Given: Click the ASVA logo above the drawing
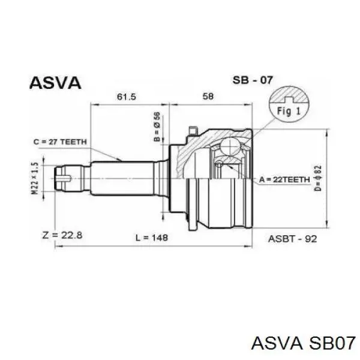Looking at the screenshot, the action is pyautogui.click(x=55, y=83).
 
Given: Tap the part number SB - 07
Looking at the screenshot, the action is pyautogui.click(x=253, y=80).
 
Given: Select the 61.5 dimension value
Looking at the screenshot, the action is pyautogui.click(x=127, y=97).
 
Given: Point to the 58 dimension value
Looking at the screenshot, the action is pyautogui.click(x=208, y=96).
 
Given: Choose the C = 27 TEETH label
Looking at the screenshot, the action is pyautogui.click(x=60, y=142).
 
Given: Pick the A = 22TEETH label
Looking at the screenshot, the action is pyautogui.click(x=284, y=179).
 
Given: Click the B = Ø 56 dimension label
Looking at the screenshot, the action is pyautogui.click(x=157, y=127).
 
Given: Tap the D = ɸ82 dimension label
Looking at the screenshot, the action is pyautogui.click(x=318, y=178).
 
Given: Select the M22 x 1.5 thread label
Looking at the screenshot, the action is pyautogui.click(x=35, y=178).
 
